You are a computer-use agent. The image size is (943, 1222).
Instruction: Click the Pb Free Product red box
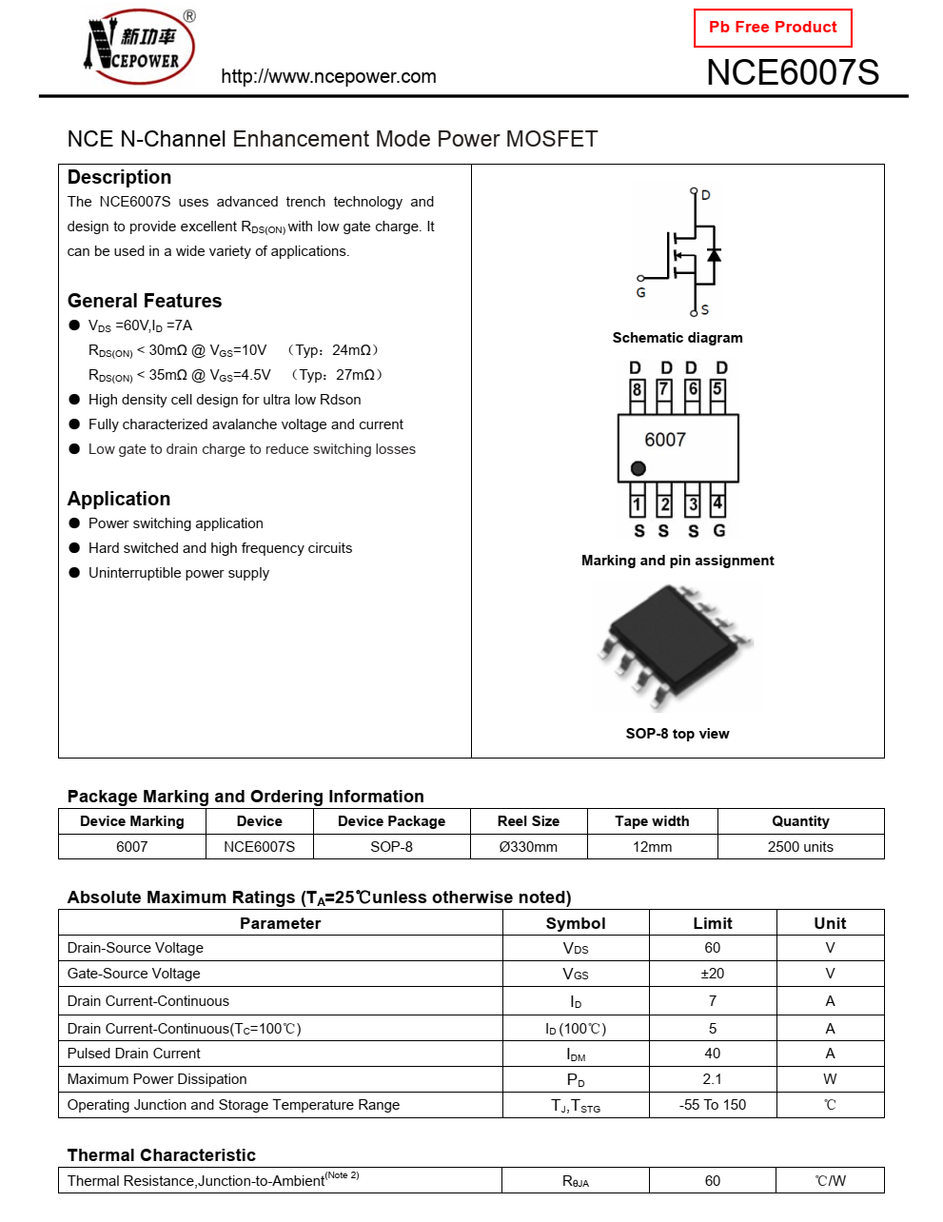(773, 28)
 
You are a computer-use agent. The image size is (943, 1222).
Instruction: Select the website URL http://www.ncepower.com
(328, 77)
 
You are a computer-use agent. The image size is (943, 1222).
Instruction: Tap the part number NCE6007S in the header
(792, 73)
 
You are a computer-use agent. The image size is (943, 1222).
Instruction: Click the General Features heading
(145, 301)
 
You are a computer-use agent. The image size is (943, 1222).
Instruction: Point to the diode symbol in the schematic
(714, 255)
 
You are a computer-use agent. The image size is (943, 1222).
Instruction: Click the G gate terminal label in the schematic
(640, 292)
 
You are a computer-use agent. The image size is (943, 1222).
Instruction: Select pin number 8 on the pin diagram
(637, 389)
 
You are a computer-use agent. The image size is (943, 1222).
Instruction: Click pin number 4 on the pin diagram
(717, 503)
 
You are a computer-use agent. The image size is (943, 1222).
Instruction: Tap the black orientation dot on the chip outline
(638, 468)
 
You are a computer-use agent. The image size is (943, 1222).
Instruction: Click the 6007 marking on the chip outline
(665, 440)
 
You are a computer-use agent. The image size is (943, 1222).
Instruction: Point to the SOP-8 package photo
(675, 646)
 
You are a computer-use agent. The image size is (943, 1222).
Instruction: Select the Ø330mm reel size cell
(528, 847)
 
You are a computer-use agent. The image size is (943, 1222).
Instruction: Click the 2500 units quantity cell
(800, 847)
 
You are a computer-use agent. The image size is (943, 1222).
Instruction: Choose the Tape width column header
(652, 821)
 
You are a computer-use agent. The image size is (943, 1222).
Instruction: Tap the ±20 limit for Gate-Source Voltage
(712, 974)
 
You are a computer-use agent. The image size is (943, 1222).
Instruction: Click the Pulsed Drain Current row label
(134, 1054)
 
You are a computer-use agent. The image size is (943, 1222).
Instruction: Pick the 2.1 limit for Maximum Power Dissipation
(712, 1079)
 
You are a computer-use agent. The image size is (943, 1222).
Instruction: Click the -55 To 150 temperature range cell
(712, 1105)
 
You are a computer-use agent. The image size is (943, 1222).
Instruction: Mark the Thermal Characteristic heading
(162, 1155)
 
